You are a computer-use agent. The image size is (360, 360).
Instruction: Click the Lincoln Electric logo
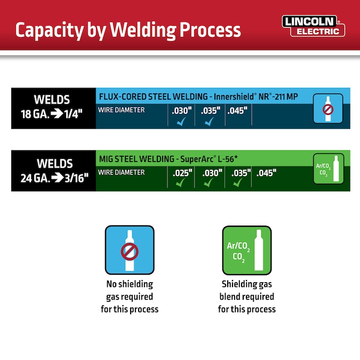tap(314, 25)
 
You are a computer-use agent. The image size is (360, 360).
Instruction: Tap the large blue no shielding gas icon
tap(130, 250)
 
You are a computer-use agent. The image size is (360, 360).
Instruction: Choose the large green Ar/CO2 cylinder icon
tap(246, 250)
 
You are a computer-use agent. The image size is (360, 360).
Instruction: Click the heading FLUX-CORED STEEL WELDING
tap(154, 97)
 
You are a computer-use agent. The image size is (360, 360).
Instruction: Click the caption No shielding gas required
tap(130, 297)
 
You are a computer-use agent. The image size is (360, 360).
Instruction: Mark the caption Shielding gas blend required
tap(246, 297)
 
